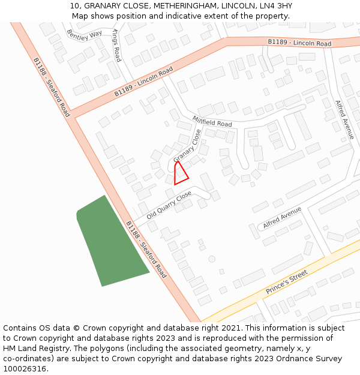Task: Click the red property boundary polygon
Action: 179,174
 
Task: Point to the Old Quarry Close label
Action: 169,205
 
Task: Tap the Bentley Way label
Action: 84,35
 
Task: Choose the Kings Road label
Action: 116,45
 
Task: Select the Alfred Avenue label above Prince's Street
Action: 281,218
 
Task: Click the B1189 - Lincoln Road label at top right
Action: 299,43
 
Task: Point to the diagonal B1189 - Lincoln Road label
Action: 143,82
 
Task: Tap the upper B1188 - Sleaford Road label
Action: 51,87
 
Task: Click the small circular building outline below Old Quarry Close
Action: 212,259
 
